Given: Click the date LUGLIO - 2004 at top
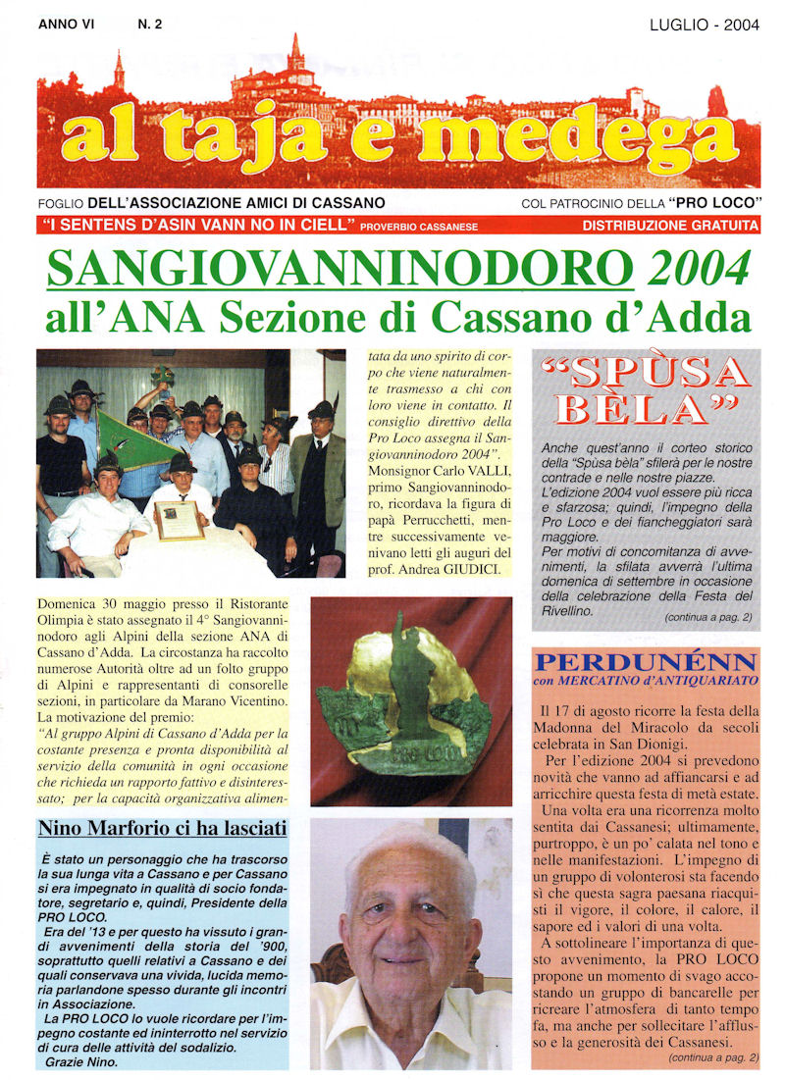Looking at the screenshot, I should tap(704, 26).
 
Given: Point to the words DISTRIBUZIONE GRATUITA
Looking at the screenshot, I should tap(670, 226).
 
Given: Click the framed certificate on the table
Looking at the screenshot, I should tap(180, 520).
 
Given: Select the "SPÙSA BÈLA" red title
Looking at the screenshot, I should tap(648, 390).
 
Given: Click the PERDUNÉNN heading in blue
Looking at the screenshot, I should tap(645, 661).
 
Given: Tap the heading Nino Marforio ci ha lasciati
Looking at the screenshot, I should tap(162, 830).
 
